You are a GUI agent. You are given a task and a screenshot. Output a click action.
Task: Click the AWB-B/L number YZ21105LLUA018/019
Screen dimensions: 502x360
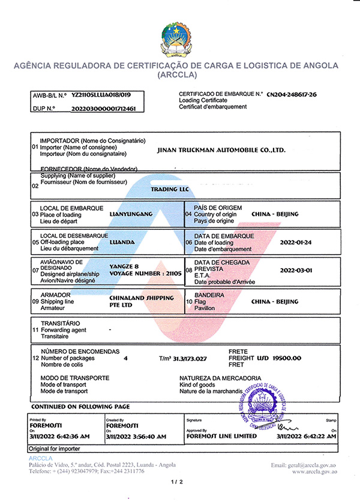pyautogui.click(x=101, y=95)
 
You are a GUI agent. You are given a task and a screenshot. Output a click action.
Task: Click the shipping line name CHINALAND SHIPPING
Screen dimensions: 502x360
pyautogui.click(x=142, y=298)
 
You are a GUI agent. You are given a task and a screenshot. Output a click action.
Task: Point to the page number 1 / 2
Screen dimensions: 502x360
pyautogui.click(x=176, y=482)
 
